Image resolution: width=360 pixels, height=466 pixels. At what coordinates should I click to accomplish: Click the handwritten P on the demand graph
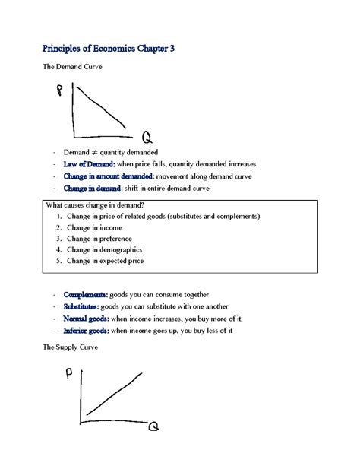[59, 92]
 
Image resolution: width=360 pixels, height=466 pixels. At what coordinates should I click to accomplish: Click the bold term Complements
[85, 294]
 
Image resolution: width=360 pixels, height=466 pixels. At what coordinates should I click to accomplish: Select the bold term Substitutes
[82, 306]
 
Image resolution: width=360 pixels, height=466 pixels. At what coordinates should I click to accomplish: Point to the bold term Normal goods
[86, 319]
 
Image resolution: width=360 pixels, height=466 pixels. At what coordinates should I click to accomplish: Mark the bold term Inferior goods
[86, 331]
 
